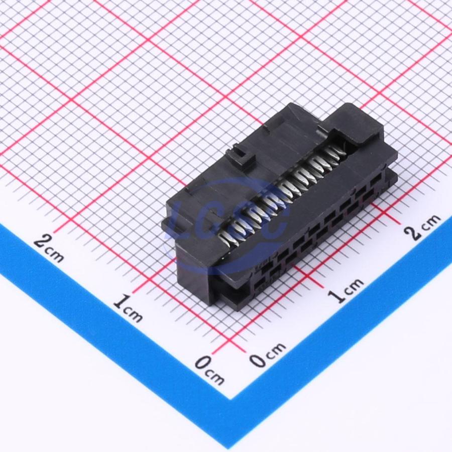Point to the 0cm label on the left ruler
coord(209,370)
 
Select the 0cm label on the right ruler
coord(267,355)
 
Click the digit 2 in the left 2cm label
coord(42,242)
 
